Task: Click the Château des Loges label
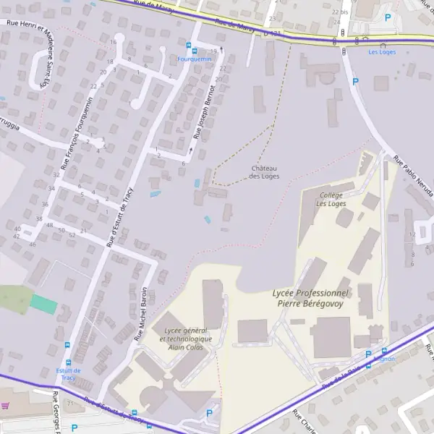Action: click(x=265, y=172)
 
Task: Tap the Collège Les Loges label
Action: click(x=331, y=199)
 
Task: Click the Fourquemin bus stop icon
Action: click(x=190, y=45)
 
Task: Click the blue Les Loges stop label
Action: click(x=382, y=52)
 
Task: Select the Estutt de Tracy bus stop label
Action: click(x=69, y=374)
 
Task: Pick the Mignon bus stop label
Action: click(x=384, y=359)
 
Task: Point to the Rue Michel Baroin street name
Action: click(x=145, y=312)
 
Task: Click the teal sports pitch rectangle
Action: click(x=43, y=305)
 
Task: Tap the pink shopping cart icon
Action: click(x=5, y=406)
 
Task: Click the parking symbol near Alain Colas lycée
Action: click(x=209, y=413)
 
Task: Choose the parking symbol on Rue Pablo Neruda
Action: click(x=355, y=82)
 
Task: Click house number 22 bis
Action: click(x=340, y=12)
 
